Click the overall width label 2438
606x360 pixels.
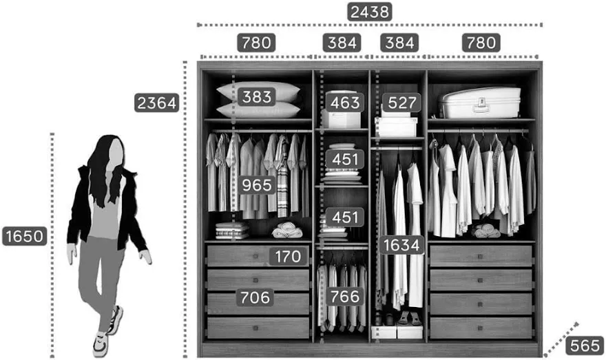tap(370, 12)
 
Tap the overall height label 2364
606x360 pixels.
tap(157, 103)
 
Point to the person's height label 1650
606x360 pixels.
tap(24, 237)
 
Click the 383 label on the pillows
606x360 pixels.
tap(257, 97)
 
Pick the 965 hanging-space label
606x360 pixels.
tap(257, 185)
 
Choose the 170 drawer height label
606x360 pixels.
tap(288, 257)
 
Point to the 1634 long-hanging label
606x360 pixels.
tap(401, 245)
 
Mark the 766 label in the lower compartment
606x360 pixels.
tap(344, 297)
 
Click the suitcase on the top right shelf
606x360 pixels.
tap(481, 103)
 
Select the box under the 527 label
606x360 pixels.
tap(396, 127)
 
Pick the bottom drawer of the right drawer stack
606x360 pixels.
tap(481, 328)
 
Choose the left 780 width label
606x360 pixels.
tap(257, 43)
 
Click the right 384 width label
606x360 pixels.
tap(399, 43)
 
